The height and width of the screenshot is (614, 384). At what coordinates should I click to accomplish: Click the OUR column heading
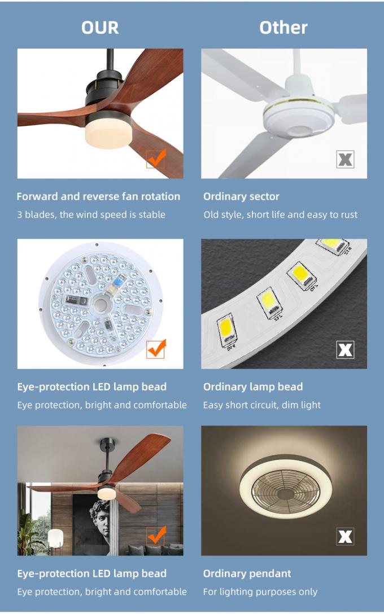[100, 28]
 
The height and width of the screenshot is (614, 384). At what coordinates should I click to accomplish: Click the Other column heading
[283, 28]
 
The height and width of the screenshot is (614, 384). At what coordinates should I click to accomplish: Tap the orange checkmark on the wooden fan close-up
[156, 158]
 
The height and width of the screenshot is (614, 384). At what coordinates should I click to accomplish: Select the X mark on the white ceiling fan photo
[345, 159]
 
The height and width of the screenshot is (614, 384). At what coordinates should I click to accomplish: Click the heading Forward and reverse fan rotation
[98, 196]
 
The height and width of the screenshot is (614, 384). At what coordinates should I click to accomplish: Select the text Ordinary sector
[241, 196]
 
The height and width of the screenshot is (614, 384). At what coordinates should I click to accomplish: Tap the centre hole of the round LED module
[101, 304]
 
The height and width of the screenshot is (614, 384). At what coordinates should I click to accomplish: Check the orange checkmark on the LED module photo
[156, 349]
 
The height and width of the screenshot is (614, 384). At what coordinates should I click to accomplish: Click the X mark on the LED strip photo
[345, 350]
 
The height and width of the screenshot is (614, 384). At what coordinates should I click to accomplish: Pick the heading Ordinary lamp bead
[253, 387]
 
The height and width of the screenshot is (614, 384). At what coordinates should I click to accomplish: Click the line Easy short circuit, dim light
[262, 405]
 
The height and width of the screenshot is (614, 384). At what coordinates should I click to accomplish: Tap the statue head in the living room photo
[99, 517]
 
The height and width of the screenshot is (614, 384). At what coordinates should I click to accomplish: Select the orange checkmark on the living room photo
[156, 536]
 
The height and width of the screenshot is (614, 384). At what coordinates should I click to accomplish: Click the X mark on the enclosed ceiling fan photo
[345, 537]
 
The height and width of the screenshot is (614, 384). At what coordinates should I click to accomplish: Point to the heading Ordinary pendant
[247, 573]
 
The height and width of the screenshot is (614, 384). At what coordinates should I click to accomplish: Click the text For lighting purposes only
[260, 591]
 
